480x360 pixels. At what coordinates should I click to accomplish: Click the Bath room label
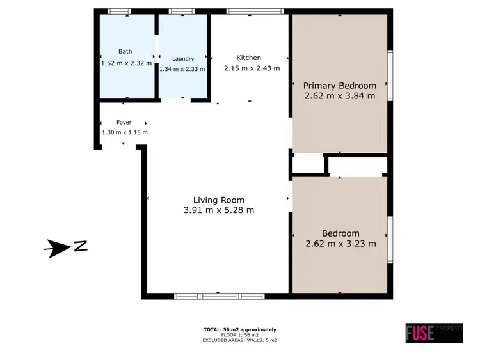(125, 51)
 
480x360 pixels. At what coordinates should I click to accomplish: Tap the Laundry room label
(182, 58)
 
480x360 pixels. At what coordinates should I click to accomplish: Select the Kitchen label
(248, 57)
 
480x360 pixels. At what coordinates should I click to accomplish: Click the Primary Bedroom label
(339, 85)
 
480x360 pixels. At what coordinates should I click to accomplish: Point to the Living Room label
(219, 200)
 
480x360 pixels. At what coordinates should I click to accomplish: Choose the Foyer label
(124, 122)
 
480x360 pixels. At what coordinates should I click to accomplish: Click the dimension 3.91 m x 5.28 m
(220, 210)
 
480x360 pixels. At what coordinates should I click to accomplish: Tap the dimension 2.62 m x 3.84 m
(339, 96)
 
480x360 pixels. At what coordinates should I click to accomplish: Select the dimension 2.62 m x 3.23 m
(340, 244)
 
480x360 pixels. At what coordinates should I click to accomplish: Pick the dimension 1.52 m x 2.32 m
(126, 63)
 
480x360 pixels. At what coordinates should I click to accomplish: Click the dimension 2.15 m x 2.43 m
(252, 68)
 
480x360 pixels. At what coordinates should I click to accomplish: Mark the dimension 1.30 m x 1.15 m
(125, 132)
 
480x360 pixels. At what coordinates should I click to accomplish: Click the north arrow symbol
(58, 248)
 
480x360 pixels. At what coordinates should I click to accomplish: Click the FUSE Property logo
(434, 332)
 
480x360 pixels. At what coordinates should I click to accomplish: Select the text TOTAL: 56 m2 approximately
(239, 329)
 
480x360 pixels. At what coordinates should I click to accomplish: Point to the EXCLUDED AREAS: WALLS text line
(239, 340)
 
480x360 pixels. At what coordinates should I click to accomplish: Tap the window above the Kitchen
(255, 11)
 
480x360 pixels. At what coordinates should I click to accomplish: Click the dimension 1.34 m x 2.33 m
(182, 69)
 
